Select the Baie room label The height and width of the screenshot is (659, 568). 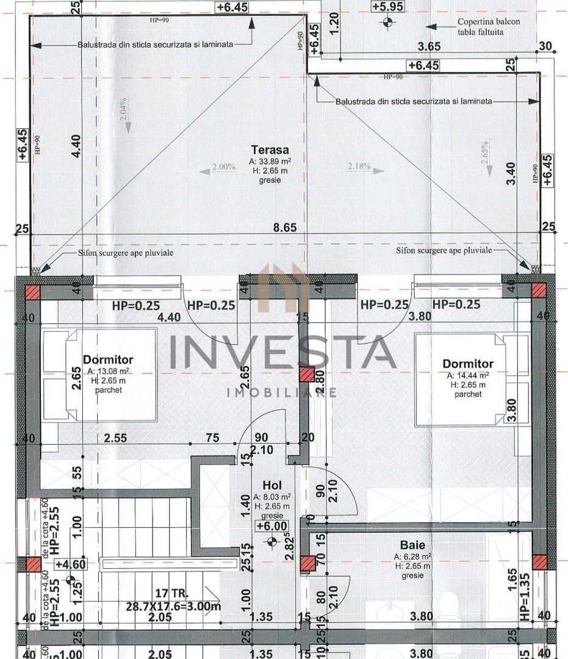(412, 545)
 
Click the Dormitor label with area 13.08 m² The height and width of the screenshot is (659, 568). (108, 360)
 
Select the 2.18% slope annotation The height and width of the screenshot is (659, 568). (359, 166)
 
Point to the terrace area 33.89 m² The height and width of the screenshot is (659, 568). (269, 162)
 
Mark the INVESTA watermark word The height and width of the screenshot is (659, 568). (282, 352)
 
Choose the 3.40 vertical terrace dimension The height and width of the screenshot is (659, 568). (511, 173)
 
